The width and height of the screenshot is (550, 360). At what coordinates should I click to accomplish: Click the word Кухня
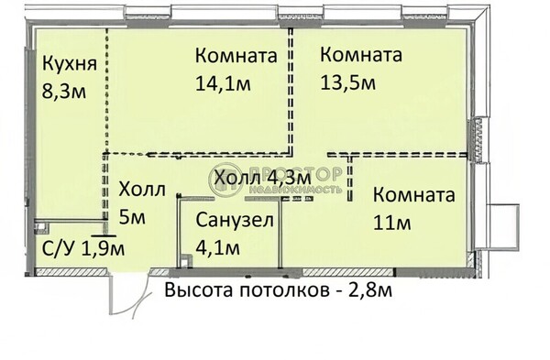[70, 64]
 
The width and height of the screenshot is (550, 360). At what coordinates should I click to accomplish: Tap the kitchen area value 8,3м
[64, 92]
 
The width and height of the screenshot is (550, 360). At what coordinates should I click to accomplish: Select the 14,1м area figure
[223, 83]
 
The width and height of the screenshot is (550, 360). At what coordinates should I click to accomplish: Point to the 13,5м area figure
[348, 83]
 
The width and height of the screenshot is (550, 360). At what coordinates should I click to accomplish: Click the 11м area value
[391, 223]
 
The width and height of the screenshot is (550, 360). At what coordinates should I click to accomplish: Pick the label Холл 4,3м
[263, 178]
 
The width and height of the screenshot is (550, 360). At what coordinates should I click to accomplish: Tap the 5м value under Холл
[132, 217]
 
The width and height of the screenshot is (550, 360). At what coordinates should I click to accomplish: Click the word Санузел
[235, 220]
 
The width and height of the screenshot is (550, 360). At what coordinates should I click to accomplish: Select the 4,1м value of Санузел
[218, 248]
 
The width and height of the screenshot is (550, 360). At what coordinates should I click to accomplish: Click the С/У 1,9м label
[83, 249]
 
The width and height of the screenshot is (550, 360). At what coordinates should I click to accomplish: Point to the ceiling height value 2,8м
[370, 290]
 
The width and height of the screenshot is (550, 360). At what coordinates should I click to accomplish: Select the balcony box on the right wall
[503, 226]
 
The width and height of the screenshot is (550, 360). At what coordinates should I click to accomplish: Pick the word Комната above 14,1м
[236, 56]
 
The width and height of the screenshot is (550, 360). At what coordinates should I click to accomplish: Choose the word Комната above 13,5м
[361, 55]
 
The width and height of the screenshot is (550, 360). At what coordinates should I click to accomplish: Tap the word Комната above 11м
[414, 195]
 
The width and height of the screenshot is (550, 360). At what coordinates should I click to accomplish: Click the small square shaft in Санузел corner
[186, 261]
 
